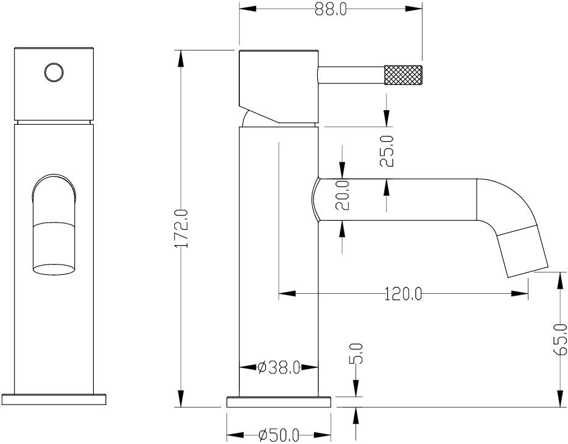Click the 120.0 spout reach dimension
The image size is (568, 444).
coord(403,294)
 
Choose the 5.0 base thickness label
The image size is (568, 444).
coord(357,353)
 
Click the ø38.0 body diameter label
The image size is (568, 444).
coord(279,367)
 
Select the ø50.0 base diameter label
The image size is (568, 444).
coord(279,435)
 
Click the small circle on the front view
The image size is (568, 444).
coord(54,72)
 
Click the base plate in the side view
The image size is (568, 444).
coord(279,401)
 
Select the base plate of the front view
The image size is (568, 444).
coord(54,400)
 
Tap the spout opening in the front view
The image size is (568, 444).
coord(54,267)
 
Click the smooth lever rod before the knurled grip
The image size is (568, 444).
coord(351,77)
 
